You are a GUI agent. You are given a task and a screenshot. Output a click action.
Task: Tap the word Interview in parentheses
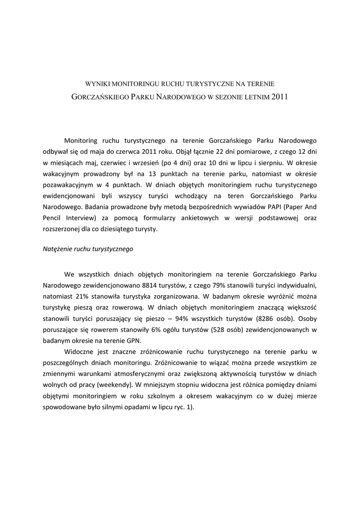point(81,218)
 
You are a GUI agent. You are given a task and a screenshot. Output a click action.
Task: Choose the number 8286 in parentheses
point(275,319)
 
